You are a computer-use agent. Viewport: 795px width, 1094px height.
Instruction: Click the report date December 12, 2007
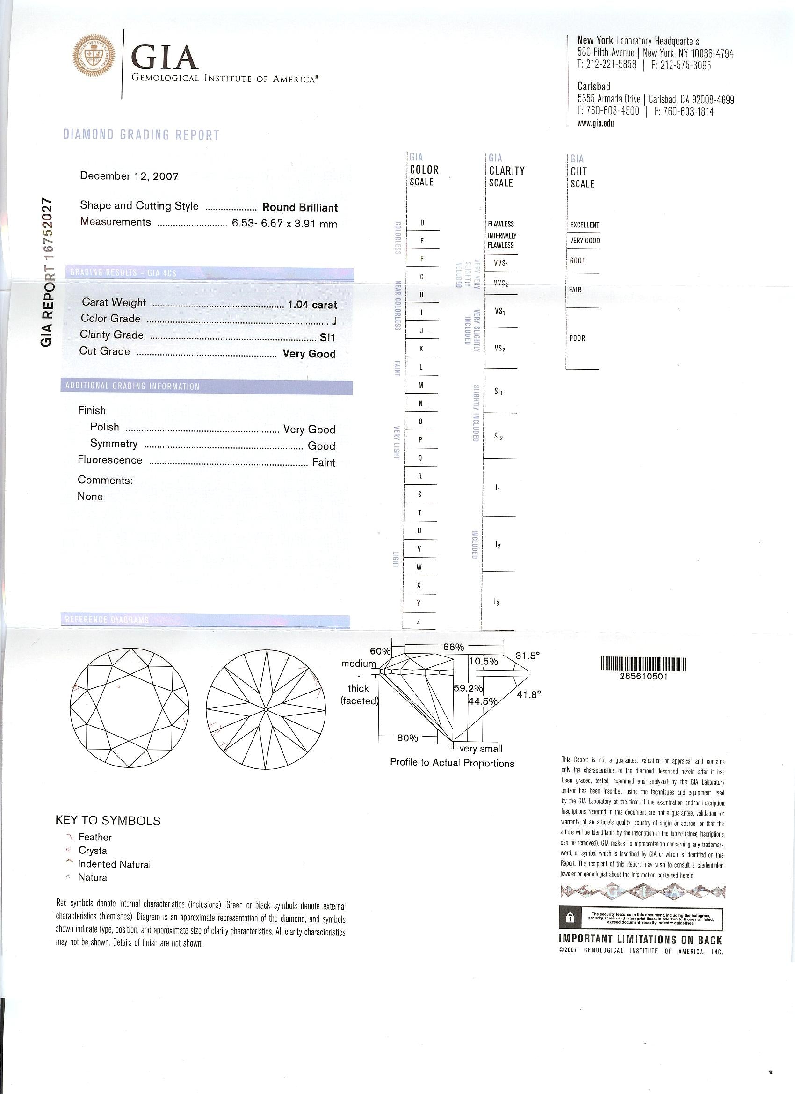pos(129,176)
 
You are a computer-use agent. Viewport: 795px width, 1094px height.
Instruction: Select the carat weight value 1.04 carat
pos(312,305)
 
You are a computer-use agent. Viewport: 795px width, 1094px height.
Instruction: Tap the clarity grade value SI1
pos(327,338)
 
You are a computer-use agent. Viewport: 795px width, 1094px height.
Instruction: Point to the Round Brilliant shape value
pos(300,208)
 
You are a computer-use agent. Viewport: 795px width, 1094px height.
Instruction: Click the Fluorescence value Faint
pos(324,463)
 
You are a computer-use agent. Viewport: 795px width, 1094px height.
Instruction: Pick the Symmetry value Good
pos(321,446)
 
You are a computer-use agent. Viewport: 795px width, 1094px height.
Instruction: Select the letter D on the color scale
pos(422,223)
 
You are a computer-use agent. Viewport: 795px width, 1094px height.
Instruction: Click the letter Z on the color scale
pos(419,622)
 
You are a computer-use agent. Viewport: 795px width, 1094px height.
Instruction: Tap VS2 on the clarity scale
pos(500,348)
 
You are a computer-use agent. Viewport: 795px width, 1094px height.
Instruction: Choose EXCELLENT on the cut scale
pos(584,225)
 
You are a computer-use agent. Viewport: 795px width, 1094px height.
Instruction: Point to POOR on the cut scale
pos(577,338)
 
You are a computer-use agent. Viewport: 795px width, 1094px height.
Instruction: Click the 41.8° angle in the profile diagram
pos(529,695)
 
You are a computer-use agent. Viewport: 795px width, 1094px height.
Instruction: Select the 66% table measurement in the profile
pos(453,647)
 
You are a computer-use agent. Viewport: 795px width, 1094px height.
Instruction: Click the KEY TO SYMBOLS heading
pos(108,821)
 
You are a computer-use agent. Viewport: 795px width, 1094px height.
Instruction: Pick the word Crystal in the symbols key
pos(94,850)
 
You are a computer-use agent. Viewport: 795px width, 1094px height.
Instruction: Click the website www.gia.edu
pos(595,123)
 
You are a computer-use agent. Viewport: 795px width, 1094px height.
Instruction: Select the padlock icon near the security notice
pos(570,918)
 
